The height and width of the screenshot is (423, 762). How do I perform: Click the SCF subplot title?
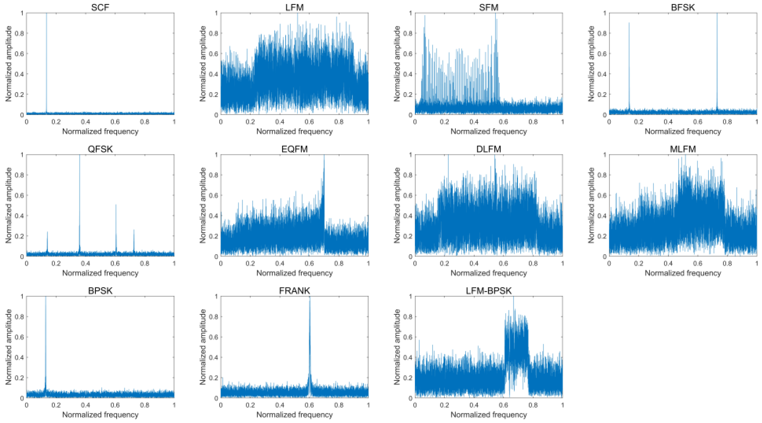[x=100, y=7]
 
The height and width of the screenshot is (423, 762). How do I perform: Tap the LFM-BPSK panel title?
[x=488, y=290]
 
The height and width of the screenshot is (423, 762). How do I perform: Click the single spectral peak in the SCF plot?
[x=46, y=59]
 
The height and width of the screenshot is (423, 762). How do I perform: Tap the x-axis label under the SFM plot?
[x=488, y=131]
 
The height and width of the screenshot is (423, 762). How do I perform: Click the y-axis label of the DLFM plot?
[x=397, y=205]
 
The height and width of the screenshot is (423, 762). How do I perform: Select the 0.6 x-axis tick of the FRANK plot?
[x=309, y=405]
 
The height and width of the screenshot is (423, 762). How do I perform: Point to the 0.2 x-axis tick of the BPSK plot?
[x=56, y=405]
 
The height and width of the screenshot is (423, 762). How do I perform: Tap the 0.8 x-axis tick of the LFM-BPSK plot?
[x=533, y=405]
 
